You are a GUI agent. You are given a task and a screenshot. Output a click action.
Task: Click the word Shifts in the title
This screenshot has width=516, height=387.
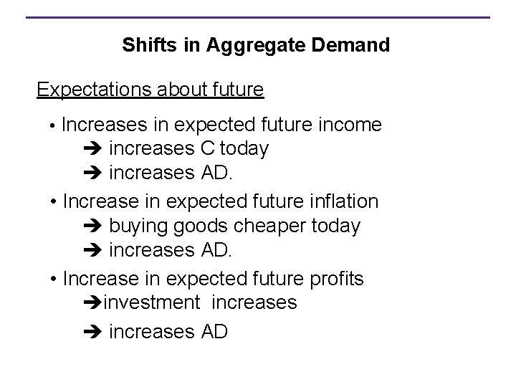[x=143, y=45]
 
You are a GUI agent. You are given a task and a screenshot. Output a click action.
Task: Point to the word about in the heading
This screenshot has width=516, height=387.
[x=175, y=90]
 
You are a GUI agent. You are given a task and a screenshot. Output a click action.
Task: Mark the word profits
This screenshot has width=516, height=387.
[x=337, y=278]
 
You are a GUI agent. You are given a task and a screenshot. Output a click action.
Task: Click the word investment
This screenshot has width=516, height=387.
[x=152, y=302]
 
